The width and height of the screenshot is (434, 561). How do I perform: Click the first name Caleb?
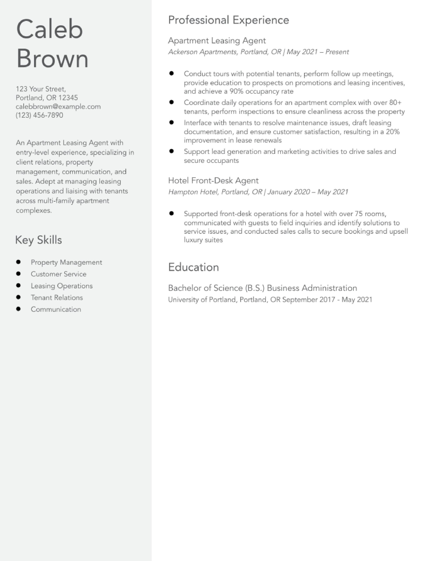49,29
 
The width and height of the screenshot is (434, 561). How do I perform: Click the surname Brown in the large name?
52,58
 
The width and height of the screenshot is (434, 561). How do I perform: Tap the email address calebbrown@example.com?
58,106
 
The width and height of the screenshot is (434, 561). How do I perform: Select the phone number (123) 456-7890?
39,115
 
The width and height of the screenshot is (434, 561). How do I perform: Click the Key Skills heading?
39,240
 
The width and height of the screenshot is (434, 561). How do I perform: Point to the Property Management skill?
66,262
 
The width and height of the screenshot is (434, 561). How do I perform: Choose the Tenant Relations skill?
57,297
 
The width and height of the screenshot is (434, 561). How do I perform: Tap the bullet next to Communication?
18,309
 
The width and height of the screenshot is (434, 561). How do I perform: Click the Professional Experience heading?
228,20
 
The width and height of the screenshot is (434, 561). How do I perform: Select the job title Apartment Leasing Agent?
217,41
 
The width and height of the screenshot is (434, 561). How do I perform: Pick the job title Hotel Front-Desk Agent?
213,181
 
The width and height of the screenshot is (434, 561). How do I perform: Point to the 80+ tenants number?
395,103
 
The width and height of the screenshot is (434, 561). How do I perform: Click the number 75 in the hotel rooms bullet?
359,214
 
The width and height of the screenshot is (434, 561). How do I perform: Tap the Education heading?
194,267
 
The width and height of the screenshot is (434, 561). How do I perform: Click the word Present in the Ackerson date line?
337,52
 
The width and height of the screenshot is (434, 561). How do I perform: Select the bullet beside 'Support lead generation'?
172,151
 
